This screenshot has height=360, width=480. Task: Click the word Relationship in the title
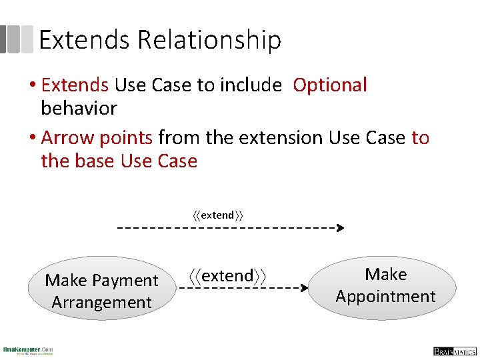pyautogui.click(x=209, y=41)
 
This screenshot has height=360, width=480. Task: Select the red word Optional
pyautogui.click(x=330, y=85)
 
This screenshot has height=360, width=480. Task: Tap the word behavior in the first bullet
pyautogui.click(x=79, y=108)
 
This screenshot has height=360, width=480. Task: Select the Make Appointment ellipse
pyautogui.click(x=385, y=287)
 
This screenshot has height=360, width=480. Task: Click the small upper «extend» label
pyautogui.click(x=218, y=215)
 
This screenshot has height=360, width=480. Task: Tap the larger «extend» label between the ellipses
pyautogui.click(x=227, y=275)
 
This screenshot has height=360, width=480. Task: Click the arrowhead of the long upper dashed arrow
pyautogui.click(x=340, y=228)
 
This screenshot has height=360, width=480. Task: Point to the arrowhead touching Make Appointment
pyautogui.click(x=305, y=289)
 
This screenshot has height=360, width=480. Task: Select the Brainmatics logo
pyautogui.click(x=453, y=351)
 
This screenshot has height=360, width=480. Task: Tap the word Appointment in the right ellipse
pyautogui.click(x=385, y=297)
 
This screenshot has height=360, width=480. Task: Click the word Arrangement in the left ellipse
pyautogui.click(x=101, y=303)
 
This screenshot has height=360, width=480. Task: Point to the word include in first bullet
pyautogui.click(x=251, y=85)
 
